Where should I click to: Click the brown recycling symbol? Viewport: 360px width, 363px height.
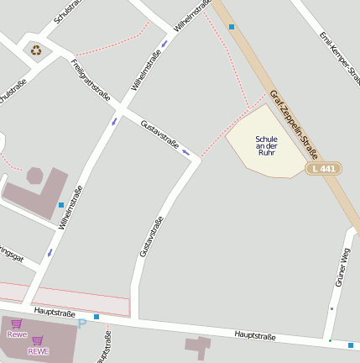[37, 50]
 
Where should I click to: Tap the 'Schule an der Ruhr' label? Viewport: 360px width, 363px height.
[266, 145]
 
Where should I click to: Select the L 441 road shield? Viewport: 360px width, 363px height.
[323, 169]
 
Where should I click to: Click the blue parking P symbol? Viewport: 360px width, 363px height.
[81, 323]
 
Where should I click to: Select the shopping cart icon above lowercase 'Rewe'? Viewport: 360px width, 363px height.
[17, 324]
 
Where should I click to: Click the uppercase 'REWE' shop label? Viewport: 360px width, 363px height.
[38, 351]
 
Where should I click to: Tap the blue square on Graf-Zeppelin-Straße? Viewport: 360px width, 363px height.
[232, 27]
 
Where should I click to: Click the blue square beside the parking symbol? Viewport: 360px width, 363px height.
[97, 317]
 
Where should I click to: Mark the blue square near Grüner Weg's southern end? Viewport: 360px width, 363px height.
[350, 345]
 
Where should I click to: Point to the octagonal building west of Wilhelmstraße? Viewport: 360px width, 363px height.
[35, 176]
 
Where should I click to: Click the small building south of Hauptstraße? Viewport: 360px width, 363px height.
[198, 346]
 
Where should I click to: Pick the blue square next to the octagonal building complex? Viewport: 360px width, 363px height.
[61, 204]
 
